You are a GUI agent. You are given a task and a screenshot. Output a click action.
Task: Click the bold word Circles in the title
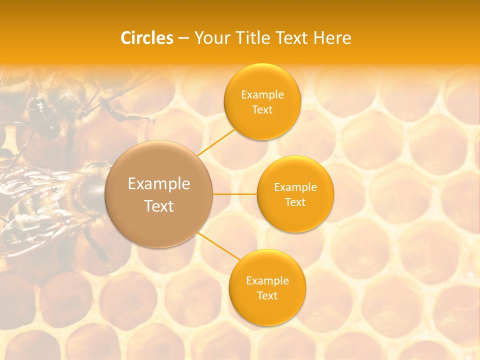coord(147,38)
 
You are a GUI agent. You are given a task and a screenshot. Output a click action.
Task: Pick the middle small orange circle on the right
coord(295,215)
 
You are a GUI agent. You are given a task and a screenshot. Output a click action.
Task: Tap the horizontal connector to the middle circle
coord(235,194)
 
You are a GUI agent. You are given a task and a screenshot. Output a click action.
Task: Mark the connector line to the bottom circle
coord(218,246)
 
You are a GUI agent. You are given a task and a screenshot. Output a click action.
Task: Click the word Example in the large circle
coord(159,184)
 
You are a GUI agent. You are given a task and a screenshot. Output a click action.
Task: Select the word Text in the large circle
coord(159,206)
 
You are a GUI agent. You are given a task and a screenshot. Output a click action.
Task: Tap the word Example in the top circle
coord(262,95)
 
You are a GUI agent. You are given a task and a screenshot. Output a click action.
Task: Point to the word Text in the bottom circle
coord(267,296)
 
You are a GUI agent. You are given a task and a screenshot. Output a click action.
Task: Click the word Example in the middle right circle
coord(295,187)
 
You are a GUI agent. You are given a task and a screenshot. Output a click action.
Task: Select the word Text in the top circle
coord(262,110)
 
